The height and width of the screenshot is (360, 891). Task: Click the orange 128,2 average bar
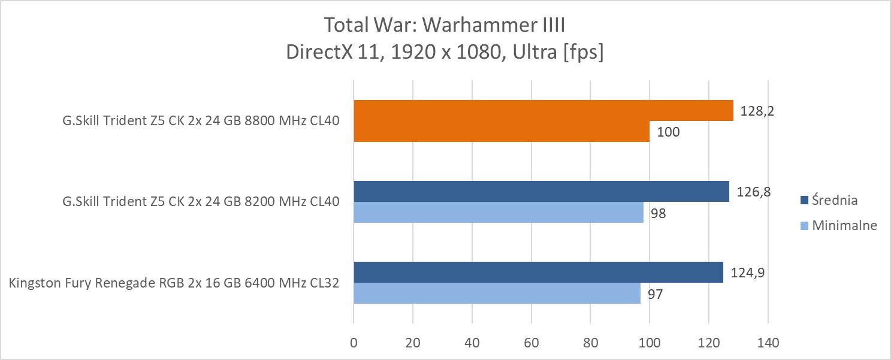tap(543, 111)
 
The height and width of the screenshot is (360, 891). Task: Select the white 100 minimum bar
tap(502, 132)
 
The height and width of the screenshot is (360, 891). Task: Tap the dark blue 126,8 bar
tap(541, 192)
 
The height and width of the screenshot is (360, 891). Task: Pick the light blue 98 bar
tap(499, 213)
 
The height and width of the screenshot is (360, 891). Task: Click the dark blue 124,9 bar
tap(538, 273)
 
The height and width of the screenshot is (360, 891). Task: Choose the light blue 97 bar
tap(497, 294)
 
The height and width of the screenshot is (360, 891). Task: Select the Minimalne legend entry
tap(844, 225)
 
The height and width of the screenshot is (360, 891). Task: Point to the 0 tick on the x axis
tap(354, 343)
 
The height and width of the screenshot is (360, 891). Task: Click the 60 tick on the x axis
tap(531, 343)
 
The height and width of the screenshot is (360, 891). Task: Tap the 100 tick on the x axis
tap(650, 343)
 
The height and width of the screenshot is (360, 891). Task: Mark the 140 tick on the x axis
tap(768, 343)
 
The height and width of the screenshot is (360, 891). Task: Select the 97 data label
tap(654, 294)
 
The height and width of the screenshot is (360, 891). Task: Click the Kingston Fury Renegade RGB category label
tap(174, 283)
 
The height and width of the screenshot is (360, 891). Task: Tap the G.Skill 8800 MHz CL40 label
tap(201, 121)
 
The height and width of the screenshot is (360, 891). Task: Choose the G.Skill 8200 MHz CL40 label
tap(201, 202)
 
